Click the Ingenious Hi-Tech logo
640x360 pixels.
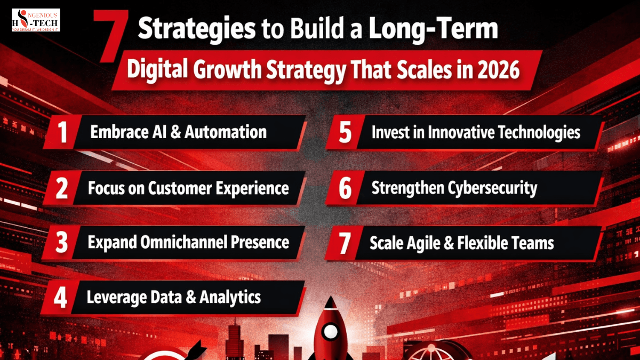click(x=36, y=20)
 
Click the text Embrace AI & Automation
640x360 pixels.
click(x=178, y=132)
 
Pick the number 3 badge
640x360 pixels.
click(x=62, y=243)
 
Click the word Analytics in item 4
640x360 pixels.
click(x=230, y=297)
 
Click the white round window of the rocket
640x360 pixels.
click(x=331, y=332)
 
